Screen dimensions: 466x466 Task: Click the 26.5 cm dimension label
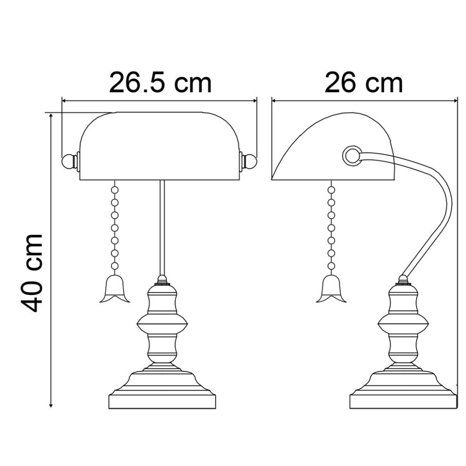[x=160, y=83]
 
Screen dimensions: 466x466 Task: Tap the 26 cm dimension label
[x=364, y=83]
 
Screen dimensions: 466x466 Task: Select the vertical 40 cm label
[x=32, y=272]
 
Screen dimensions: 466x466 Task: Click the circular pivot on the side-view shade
[x=351, y=155]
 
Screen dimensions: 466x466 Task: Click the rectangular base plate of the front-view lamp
[x=162, y=401]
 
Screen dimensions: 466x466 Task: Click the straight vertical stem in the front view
[x=162, y=226]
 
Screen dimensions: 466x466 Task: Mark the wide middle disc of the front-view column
[x=162, y=322]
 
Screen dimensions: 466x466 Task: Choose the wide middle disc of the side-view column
[x=403, y=322]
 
